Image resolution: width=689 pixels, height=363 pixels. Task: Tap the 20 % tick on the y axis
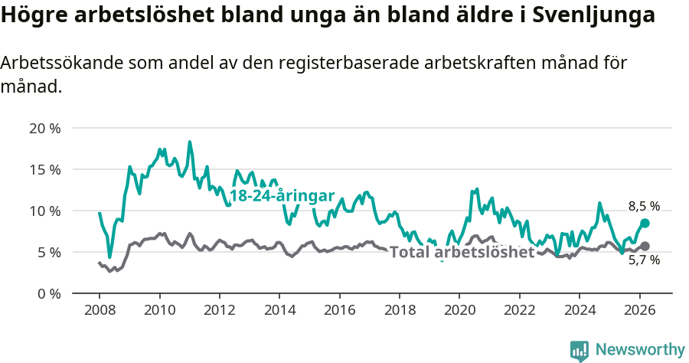[x=44, y=128]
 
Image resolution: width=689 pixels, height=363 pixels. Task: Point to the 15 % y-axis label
[x=44, y=169]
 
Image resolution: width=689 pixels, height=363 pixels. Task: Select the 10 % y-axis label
[x=44, y=211]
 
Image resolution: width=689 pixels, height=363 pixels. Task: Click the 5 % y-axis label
[x=48, y=252]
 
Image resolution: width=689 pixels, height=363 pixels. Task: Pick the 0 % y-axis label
[x=48, y=293]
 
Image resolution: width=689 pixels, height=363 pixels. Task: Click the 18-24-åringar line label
[x=282, y=196]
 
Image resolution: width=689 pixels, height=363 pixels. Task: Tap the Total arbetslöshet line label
[x=462, y=253]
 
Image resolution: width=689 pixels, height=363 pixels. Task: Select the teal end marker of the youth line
[x=645, y=223]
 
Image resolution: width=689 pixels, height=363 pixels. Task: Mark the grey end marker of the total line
[x=645, y=246]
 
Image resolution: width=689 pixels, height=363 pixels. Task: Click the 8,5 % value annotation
[x=644, y=206]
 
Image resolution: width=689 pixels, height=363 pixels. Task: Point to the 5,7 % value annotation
[x=644, y=260]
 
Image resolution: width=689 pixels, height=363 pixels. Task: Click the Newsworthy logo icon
[x=580, y=350]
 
